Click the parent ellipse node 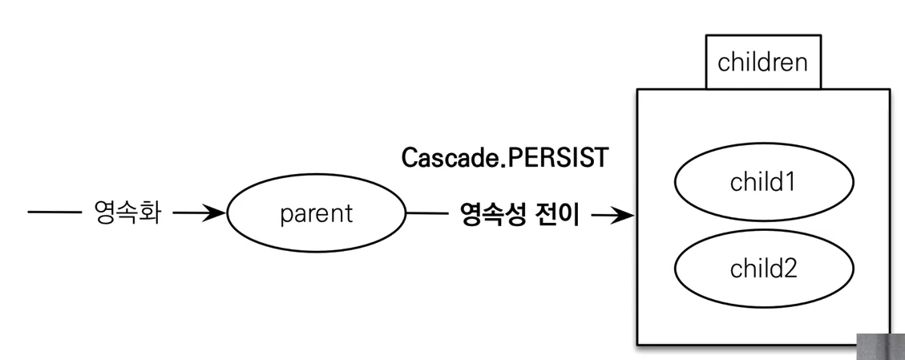point(317,215)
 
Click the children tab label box point(762,63)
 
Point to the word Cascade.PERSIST point(505,158)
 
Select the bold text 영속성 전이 point(519,215)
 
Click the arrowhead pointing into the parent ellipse point(217,214)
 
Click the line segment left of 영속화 point(55,214)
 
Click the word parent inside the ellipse point(317,215)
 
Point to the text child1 point(762,183)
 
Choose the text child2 point(762,269)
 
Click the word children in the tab point(762,63)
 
